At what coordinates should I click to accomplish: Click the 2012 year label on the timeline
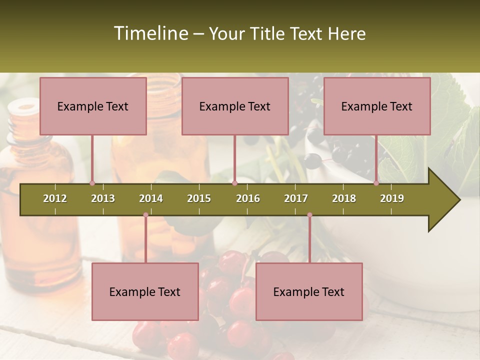click(55, 198)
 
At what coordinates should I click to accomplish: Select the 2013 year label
click(103, 198)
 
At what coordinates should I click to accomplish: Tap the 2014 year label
click(151, 198)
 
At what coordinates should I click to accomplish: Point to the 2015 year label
click(199, 198)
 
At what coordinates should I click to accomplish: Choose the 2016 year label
click(248, 198)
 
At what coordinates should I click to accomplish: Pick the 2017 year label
click(296, 198)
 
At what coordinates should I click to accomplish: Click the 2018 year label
click(344, 198)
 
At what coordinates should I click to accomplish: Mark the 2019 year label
click(392, 198)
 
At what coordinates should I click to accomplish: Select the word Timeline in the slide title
click(150, 33)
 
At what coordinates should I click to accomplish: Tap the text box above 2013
click(93, 106)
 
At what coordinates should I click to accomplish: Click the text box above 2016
click(235, 106)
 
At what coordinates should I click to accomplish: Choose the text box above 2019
click(377, 106)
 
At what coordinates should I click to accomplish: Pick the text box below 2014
click(145, 292)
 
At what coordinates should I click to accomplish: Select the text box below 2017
click(309, 292)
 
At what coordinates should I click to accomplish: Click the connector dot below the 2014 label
click(145, 215)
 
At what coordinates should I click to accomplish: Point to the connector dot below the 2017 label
click(309, 215)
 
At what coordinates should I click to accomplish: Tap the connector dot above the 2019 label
click(376, 183)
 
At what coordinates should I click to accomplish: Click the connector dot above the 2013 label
click(92, 183)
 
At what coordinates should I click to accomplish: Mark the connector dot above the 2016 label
click(234, 183)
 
